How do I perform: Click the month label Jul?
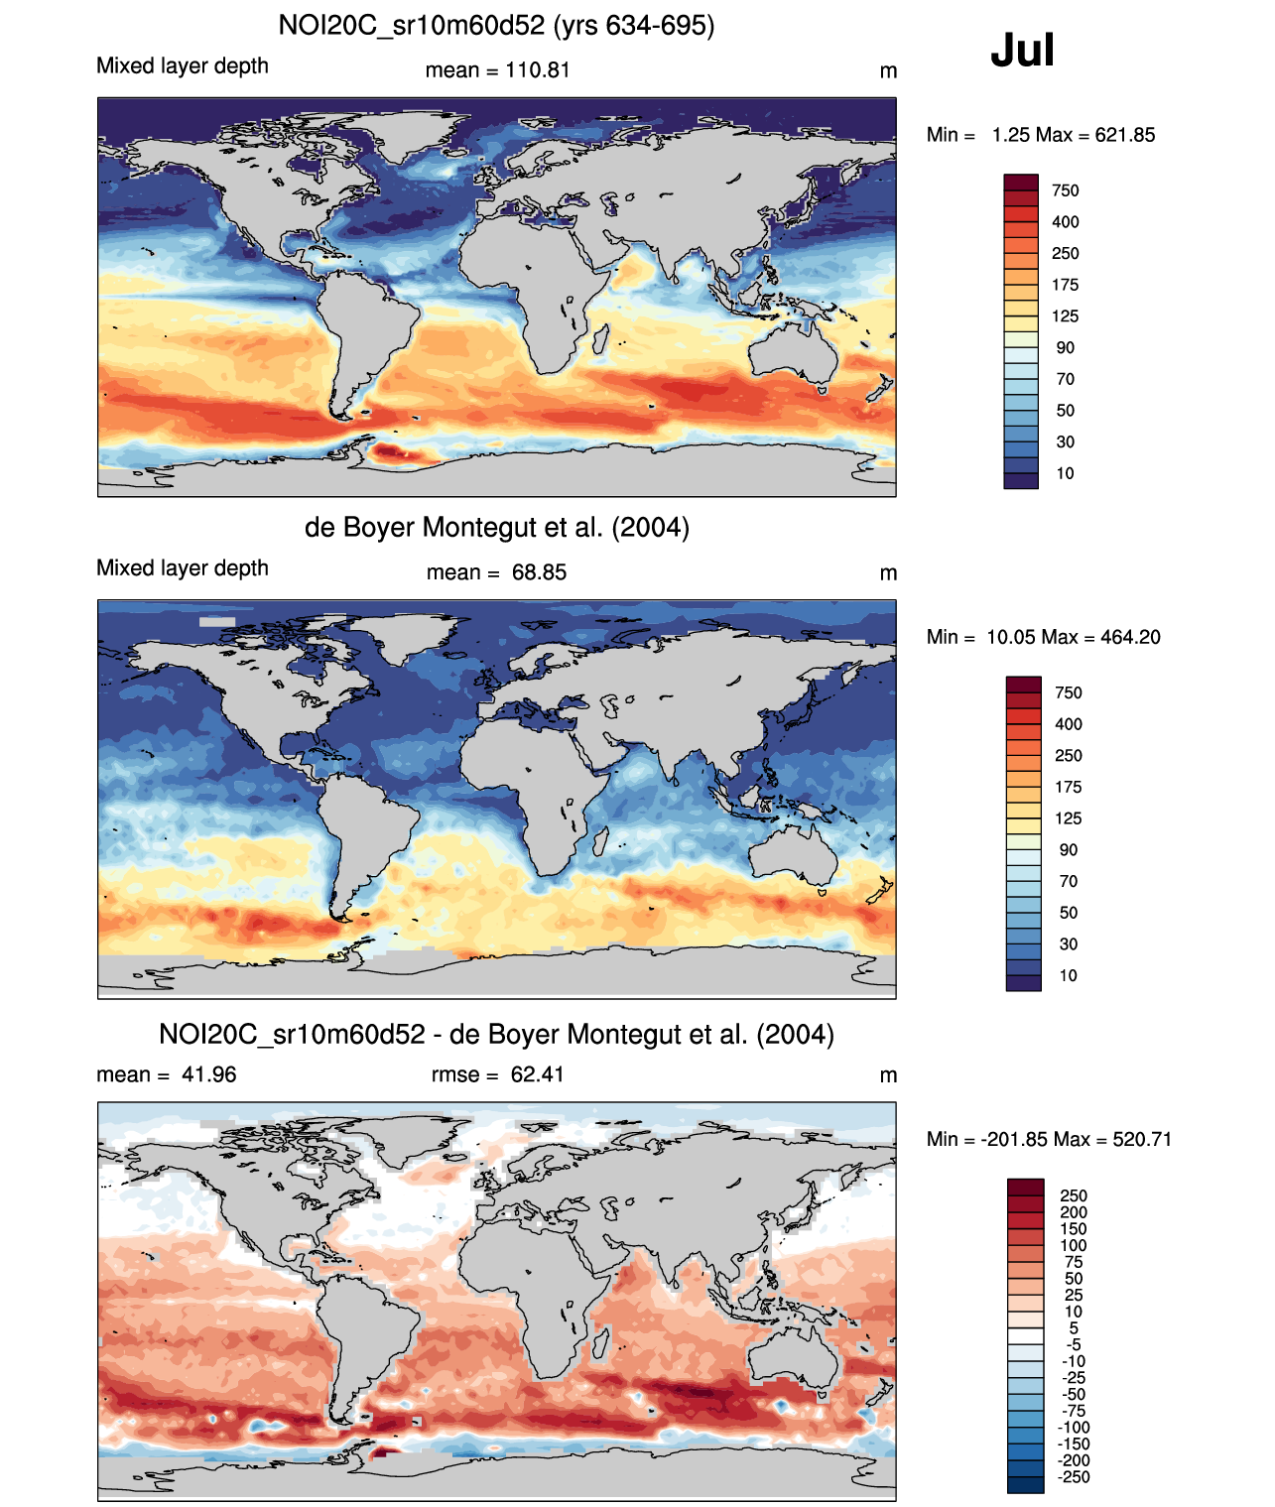(1022, 51)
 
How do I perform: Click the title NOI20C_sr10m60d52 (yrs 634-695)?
(496, 25)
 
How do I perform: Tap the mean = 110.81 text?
(497, 70)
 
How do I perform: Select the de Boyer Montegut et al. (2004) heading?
(496, 527)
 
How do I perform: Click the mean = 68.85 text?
(496, 572)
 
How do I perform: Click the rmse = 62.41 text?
(497, 1074)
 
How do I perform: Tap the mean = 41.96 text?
(166, 1074)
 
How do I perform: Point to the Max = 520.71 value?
(1112, 1139)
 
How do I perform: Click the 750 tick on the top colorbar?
(1065, 190)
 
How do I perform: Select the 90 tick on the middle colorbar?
(1068, 850)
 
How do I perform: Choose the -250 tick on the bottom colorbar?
(1074, 1477)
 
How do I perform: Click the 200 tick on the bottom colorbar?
(1074, 1212)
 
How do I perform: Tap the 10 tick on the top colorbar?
(1065, 473)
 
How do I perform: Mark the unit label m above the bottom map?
(888, 1075)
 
